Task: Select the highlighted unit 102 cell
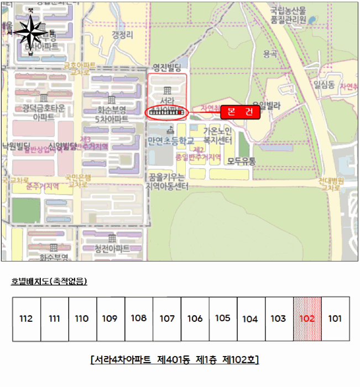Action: (307, 319)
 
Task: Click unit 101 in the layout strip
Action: (335, 319)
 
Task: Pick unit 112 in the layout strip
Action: (26, 319)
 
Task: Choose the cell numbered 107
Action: (167, 319)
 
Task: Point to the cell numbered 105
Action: (223, 318)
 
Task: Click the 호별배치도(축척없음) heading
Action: (49, 281)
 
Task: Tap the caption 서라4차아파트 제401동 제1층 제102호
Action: (174, 359)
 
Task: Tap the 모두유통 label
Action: (238, 161)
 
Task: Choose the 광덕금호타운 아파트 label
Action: (44, 112)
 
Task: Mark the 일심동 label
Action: (324, 85)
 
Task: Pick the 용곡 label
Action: (270, 54)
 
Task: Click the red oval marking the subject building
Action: (166, 112)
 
